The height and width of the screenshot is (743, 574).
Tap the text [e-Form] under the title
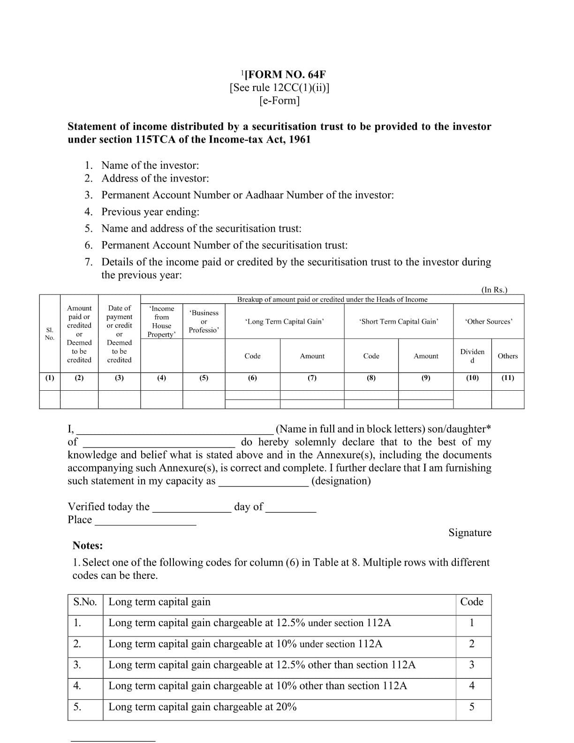[x=279, y=100]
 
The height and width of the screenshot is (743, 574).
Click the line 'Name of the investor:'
[x=150, y=165]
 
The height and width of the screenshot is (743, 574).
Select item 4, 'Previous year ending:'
[x=150, y=212]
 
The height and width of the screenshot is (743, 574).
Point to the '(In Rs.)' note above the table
[x=494, y=290]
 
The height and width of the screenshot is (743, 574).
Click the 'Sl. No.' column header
[x=50, y=334]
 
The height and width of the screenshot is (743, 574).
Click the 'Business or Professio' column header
[x=204, y=321]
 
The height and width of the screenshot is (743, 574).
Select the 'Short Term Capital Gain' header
[x=399, y=321]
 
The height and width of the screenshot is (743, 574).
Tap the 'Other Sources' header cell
[x=488, y=321]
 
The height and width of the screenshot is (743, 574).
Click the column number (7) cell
[x=312, y=378]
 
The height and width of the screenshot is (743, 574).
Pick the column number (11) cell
[x=507, y=378]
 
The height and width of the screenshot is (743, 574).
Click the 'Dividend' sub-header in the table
[x=472, y=356]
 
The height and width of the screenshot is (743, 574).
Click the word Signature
[x=469, y=532]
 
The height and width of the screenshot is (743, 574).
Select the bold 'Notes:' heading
[x=88, y=546]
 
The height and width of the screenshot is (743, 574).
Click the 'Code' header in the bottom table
[x=471, y=602]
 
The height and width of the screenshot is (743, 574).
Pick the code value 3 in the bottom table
[x=471, y=665]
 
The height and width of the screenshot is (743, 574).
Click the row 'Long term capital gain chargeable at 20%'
[x=202, y=707]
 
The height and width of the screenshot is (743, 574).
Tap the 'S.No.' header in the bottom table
[x=85, y=602]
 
